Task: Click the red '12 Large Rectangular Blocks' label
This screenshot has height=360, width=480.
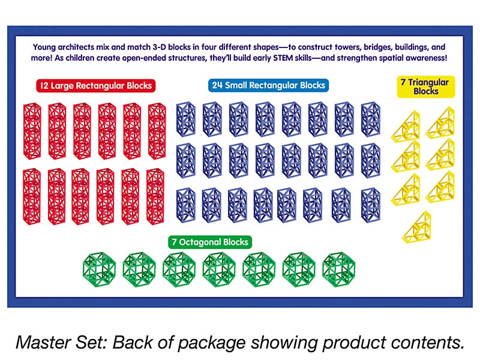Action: [x=96, y=86]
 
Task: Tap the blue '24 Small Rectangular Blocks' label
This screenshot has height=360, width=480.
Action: [x=268, y=85]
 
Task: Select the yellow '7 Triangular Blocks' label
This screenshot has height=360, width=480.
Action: [x=426, y=86]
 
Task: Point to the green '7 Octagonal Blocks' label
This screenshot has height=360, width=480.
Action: [x=210, y=242]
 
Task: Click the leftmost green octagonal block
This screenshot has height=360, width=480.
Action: [x=99, y=269]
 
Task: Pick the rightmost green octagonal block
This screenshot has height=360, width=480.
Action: [x=338, y=269]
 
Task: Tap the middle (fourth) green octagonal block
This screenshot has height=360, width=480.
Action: [x=219, y=269]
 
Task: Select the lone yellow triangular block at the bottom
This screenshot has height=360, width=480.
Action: [x=417, y=227]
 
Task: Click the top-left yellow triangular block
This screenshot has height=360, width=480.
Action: [x=406, y=127]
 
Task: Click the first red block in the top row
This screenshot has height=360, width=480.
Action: [x=32, y=131]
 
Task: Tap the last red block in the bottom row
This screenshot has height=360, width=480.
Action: [x=155, y=197]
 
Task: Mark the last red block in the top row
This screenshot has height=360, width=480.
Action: [x=157, y=131]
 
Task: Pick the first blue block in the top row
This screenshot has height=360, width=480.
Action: [x=186, y=119]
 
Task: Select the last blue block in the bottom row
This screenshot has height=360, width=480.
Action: [x=371, y=205]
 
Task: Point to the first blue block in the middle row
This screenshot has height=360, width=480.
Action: [x=186, y=160]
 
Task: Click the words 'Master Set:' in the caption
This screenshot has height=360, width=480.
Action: [x=61, y=342]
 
